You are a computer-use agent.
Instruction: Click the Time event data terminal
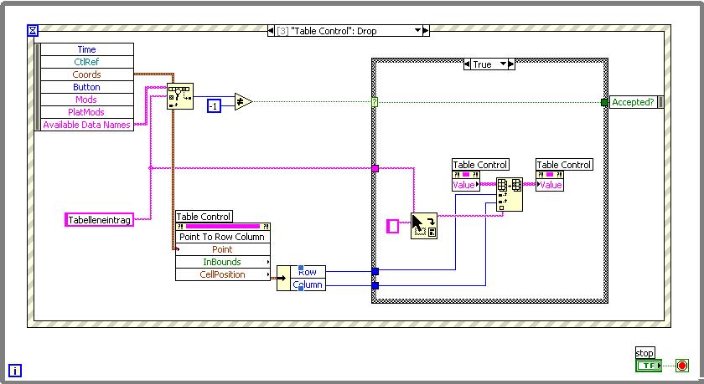click(86, 49)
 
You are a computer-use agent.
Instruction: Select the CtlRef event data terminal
click(86, 62)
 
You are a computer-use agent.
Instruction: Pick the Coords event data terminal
click(86, 74)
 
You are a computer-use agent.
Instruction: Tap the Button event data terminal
click(86, 87)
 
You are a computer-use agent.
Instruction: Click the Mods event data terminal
click(86, 100)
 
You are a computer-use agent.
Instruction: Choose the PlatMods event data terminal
click(86, 112)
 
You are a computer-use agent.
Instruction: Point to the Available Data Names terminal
click(86, 125)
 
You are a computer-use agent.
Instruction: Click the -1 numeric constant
click(215, 105)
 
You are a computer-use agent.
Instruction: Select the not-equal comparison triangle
click(242, 102)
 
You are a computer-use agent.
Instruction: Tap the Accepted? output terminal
click(633, 102)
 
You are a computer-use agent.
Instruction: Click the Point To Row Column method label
click(222, 237)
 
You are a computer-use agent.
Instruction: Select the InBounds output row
click(222, 262)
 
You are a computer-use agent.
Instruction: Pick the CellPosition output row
click(222, 274)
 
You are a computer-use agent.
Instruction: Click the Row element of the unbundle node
click(308, 272)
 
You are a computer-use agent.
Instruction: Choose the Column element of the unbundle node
click(308, 285)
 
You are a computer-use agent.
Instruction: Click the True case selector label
click(483, 64)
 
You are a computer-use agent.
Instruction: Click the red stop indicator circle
click(681, 366)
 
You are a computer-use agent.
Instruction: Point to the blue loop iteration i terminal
click(15, 370)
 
